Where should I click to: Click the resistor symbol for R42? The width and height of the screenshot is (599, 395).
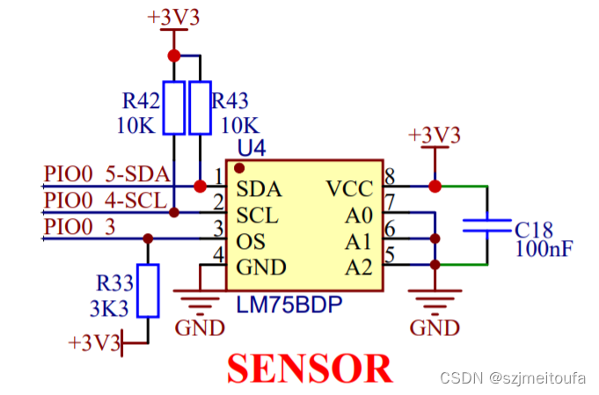pos(174,108)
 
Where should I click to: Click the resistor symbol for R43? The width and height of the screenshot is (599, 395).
pos(201,108)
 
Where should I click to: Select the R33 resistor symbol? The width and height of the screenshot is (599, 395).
pos(149,289)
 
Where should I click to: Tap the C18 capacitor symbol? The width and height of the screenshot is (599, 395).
pos(486,225)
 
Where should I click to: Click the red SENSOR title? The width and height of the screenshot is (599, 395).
pos(309,367)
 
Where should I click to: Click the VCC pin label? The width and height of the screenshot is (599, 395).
pos(349,188)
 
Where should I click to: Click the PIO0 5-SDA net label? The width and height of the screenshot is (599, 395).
pos(106,173)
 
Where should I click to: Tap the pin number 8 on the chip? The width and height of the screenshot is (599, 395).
pos(390,174)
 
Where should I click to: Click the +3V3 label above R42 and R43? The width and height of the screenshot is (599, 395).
pos(173,18)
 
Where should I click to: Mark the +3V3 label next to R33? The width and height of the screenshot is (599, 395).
pos(93,343)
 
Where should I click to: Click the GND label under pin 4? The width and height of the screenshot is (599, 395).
pos(200,327)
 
